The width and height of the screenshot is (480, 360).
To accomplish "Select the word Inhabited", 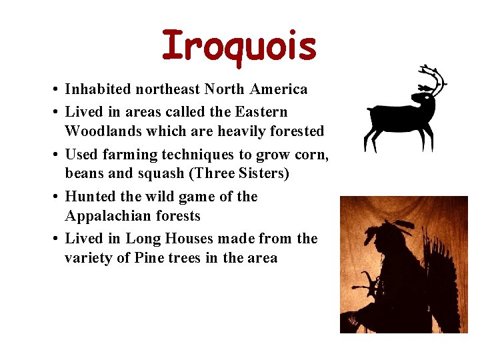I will pos(99,89).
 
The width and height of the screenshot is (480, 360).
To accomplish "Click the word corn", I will pos(311,155).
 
